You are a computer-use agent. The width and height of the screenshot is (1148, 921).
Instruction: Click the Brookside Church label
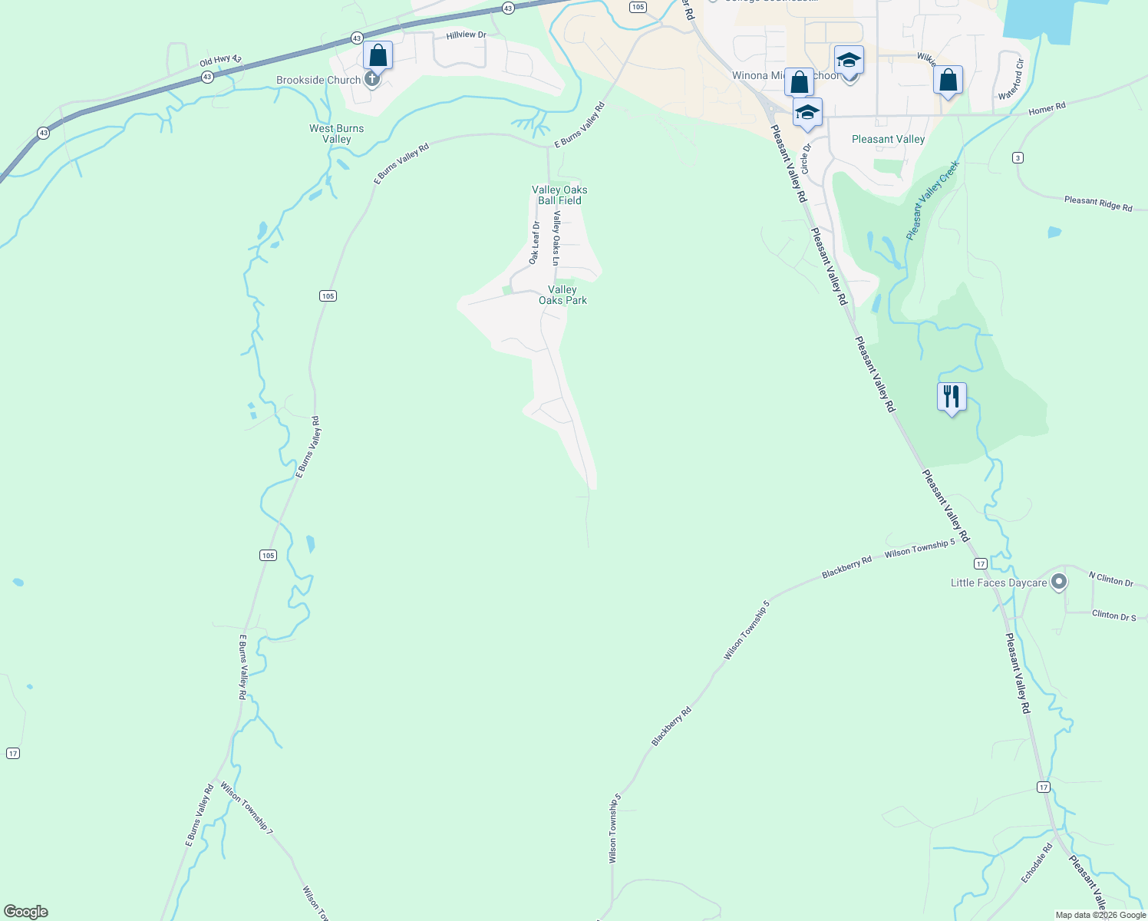[x=318, y=80]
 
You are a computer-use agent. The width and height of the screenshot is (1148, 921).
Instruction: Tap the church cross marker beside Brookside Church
[x=372, y=78]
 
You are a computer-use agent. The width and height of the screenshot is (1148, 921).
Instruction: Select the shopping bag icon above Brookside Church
[x=378, y=56]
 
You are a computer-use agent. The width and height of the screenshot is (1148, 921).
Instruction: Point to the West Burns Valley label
[x=337, y=134]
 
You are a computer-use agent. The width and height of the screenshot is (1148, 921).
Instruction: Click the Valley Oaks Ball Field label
[x=559, y=195]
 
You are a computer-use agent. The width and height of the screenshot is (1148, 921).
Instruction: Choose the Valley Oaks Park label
[x=562, y=295]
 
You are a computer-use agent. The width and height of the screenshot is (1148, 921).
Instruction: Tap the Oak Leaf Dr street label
[x=535, y=243]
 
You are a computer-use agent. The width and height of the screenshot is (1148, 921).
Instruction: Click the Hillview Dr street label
[x=467, y=35]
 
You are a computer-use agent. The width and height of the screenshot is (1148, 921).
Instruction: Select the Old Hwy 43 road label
[x=220, y=61]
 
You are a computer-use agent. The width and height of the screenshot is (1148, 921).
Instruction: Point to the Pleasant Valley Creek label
[x=932, y=200]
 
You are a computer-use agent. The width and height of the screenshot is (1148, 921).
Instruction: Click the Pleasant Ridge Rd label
[x=1098, y=203]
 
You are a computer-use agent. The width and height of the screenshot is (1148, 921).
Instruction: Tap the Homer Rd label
[x=1047, y=109]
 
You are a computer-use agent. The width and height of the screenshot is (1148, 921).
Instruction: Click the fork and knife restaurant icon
[x=952, y=397]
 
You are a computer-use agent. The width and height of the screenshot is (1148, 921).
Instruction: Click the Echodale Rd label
[x=1037, y=863]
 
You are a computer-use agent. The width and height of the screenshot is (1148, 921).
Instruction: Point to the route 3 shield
[x=1018, y=158]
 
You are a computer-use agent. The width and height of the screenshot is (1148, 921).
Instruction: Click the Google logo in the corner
[x=26, y=912]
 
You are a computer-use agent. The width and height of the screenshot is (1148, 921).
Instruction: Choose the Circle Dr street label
[x=806, y=158]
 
